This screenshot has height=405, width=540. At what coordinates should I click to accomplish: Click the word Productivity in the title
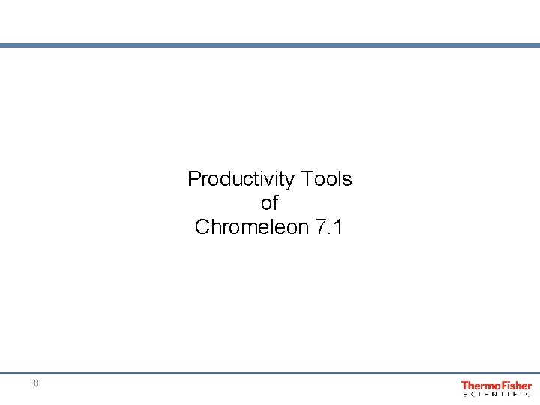pyautogui.click(x=241, y=179)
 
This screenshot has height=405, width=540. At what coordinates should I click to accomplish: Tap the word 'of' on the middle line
pyautogui.click(x=269, y=203)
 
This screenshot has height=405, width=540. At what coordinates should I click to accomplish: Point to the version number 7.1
pyautogui.click(x=328, y=227)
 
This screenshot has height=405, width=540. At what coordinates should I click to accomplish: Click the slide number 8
pyautogui.click(x=35, y=383)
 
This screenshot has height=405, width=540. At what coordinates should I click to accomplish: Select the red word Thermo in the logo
pyautogui.click(x=478, y=385)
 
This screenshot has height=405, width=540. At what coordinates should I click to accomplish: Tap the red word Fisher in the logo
pyautogui.click(x=514, y=385)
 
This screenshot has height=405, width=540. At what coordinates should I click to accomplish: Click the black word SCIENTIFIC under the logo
pyautogui.click(x=496, y=394)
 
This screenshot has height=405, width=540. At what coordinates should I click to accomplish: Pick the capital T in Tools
pyautogui.click(x=305, y=179)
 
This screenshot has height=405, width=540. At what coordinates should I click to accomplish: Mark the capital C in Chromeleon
pyautogui.click(x=202, y=227)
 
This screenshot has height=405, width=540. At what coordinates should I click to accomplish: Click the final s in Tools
pyautogui.click(x=347, y=180)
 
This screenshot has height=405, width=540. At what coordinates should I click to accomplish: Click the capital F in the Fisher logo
pyautogui.click(x=501, y=385)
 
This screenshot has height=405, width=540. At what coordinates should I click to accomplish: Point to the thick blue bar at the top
pyautogui.click(x=270, y=46)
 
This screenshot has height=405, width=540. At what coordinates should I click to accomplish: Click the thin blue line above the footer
pyautogui.click(x=270, y=373)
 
